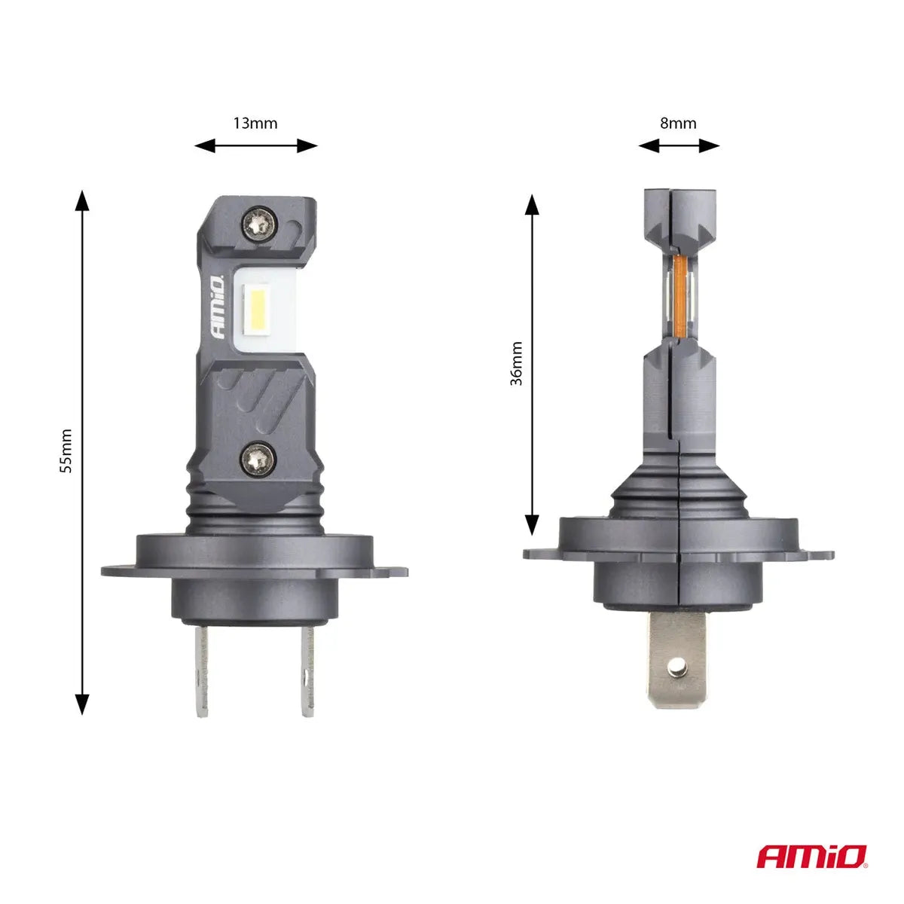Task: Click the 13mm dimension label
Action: (x=255, y=123)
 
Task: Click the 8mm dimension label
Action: (x=678, y=123)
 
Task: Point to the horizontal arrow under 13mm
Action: (x=255, y=146)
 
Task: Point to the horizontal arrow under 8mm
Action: (x=679, y=146)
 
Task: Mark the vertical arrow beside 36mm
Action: (x=532, y=365)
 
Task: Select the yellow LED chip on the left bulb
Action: (x=254, y=311)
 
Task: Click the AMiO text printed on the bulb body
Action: (x=216, y=309)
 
